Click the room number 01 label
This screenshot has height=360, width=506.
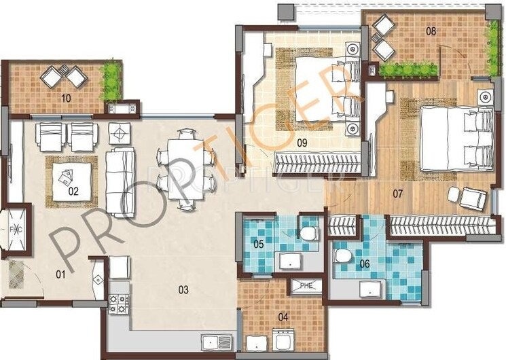[60, 275]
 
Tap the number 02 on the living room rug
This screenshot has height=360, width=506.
[73, 191]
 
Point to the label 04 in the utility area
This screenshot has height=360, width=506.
[283, 316]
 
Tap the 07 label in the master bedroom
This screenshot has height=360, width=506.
[398, 194]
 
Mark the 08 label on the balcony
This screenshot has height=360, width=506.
[431, 31]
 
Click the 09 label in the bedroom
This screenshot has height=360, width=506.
[303, 143]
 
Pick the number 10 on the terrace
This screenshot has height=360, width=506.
[66, 98]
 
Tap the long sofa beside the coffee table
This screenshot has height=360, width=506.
[122, 181]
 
